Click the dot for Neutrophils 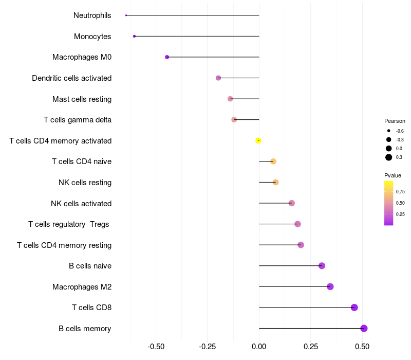[x=126, y=15]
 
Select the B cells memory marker [x=364, y=329]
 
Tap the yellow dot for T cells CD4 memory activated [x=258, y=140]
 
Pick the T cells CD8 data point [x=354, y=308]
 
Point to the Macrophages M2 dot [x=330, y=286]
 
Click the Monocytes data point [x=134, y=36]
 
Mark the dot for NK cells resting [x=275, y=182]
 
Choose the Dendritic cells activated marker [x=218, y=78]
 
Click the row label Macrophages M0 [x=82, y=57]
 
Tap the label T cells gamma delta [x=78, y=120]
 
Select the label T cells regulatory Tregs [x=69, y=224]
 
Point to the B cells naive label [x=90, y=266]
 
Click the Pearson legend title [x=395, y=121]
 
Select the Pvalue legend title [x=393, y=175]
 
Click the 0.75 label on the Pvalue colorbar [x=400, y=192]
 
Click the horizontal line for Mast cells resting [x=246, y=99]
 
